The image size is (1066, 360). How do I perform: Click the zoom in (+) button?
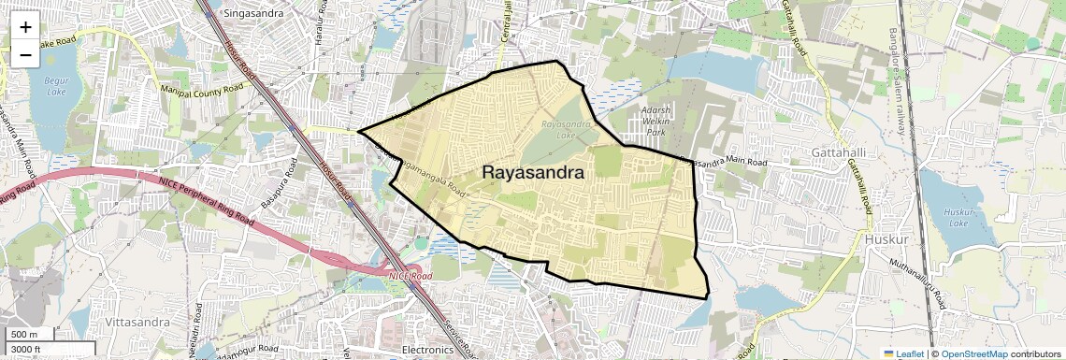(x=25, y=27)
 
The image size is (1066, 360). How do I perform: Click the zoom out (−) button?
(x=25, y=55)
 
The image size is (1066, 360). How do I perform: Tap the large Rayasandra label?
(x=533, y=173)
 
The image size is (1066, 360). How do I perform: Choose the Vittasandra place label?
(x=137, y=322)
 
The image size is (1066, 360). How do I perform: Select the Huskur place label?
(x=887, y=239)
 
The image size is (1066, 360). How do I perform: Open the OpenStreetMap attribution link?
(x=973, y=353)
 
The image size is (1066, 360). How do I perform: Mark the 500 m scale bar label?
(x=24, y=334)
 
